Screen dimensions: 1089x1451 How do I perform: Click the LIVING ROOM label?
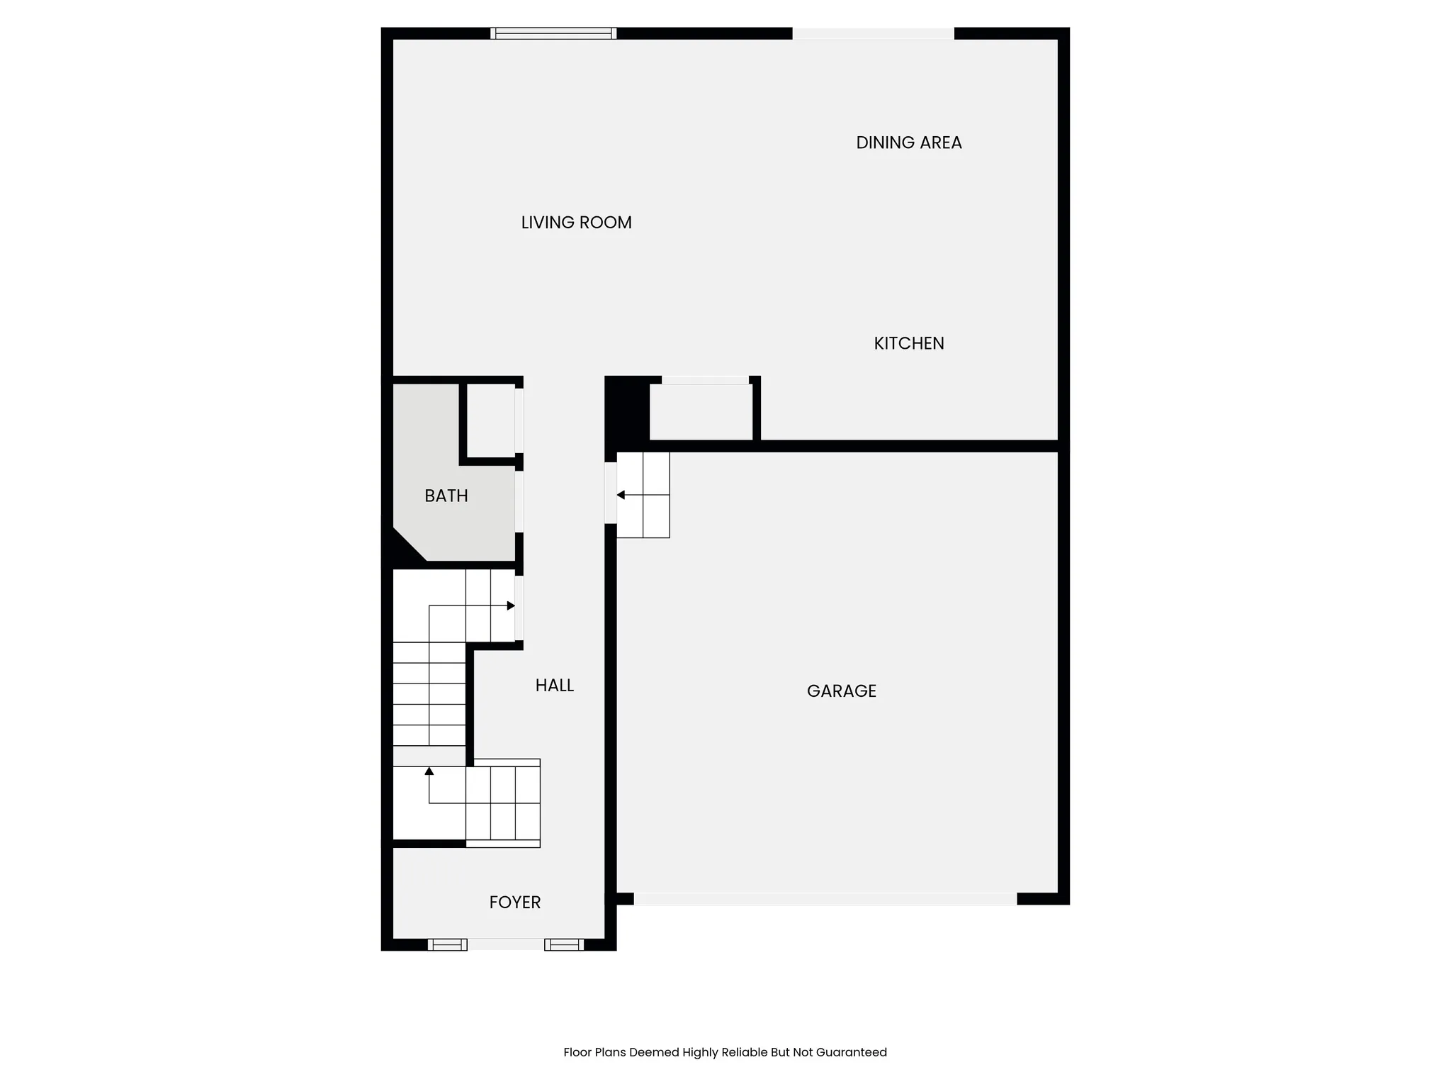576,223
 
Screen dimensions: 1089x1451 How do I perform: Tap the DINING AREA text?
908,143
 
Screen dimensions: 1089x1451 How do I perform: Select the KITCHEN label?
908,343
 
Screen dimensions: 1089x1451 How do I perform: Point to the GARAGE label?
841,691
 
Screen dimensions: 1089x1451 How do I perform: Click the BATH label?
446,496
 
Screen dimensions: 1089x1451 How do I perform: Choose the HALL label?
554,686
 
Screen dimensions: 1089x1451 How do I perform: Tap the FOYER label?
514,903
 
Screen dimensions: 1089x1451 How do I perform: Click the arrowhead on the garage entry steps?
621,495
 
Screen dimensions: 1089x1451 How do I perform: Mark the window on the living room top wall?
553,33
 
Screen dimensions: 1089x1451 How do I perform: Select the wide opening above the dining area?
873,33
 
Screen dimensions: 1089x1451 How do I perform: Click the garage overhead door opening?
825,899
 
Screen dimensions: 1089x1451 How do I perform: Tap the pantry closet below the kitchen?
701,413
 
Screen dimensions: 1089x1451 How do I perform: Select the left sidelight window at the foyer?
447,944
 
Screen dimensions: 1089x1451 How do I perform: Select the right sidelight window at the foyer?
564,944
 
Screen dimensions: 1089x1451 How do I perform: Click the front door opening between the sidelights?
506,944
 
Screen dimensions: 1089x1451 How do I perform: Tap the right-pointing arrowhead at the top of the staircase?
511,605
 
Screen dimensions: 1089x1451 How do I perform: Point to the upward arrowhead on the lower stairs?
429,771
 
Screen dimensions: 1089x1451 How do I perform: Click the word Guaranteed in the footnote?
851,1053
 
